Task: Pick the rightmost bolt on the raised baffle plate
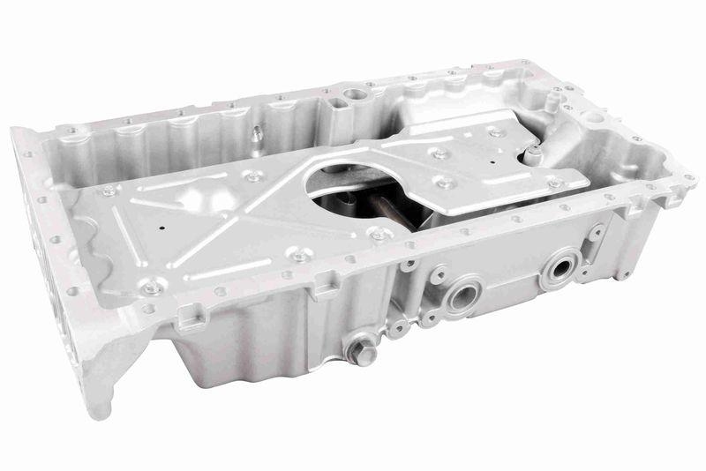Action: (554, 183)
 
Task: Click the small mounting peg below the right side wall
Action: (623, 274)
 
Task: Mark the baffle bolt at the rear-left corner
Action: (109, 189)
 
